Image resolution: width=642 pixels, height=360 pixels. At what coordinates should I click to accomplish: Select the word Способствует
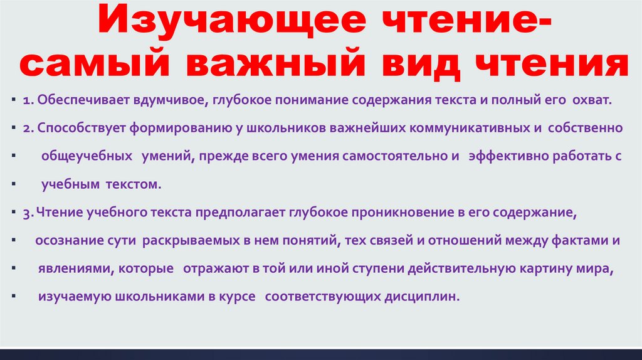[82, 127]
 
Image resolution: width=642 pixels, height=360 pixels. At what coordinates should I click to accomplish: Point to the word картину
[539, 268]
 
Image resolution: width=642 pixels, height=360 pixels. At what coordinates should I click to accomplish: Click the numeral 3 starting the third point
[28, 213]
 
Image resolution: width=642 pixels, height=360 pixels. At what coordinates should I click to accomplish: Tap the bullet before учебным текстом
[13, 185]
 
